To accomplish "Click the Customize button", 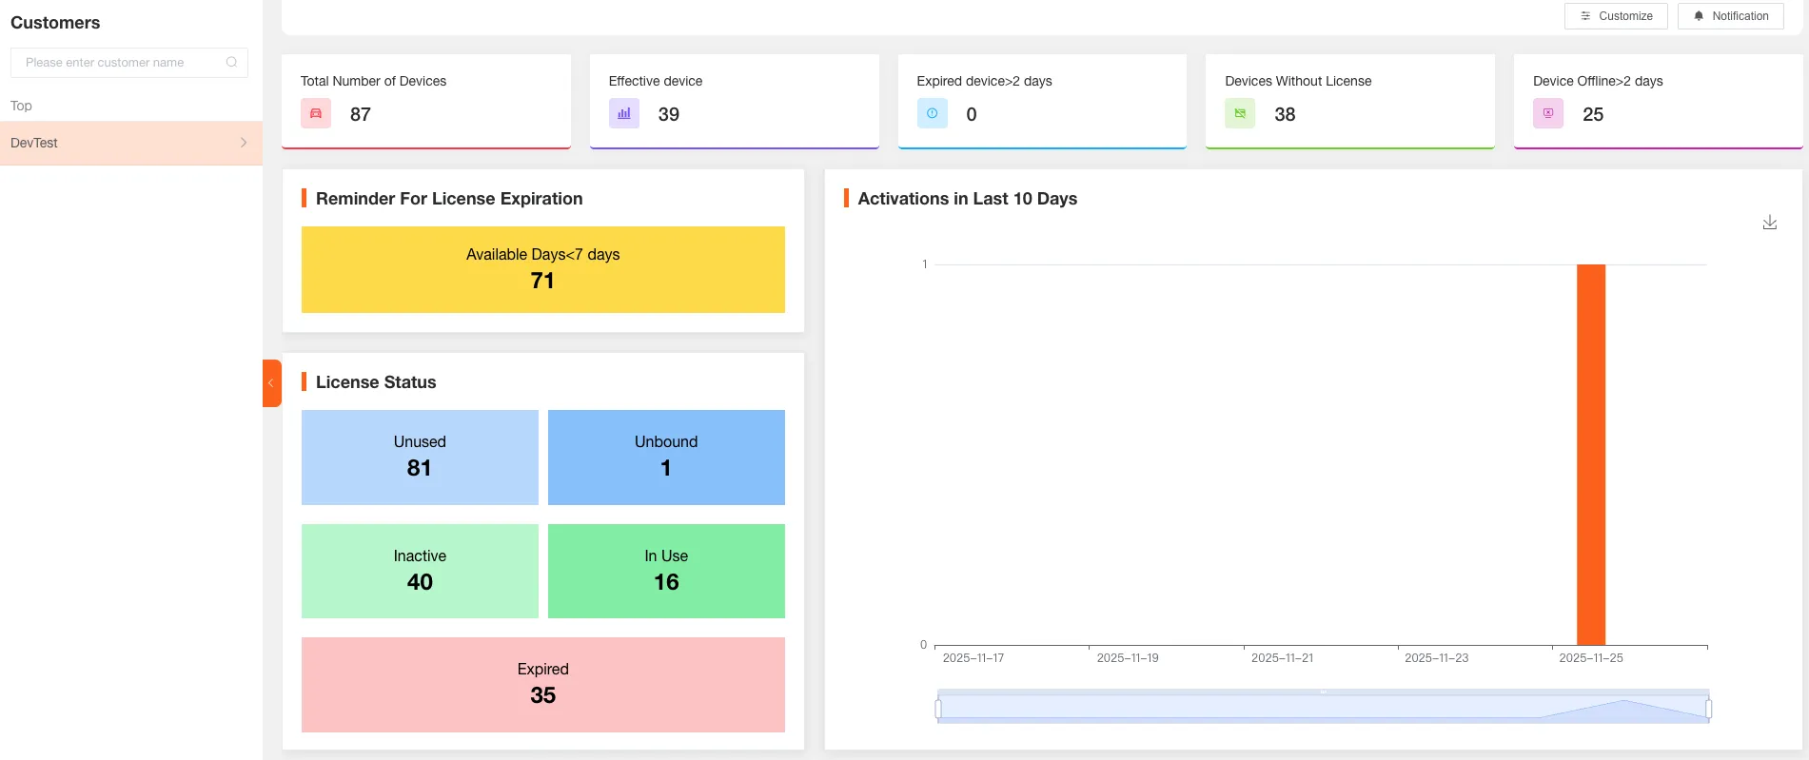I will pos(1615,16).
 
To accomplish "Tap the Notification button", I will pos(1730,16).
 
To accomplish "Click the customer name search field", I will pos(122,63).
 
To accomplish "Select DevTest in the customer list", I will pos(130,143).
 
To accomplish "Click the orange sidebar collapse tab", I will pos(271,383).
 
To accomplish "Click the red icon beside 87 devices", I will pos(316,114).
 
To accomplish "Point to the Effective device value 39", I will pos(669,115).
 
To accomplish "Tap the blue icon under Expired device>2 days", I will pos(932,114).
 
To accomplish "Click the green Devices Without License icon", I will pos(1239,114).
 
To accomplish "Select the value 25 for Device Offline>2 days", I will pos(1592,115).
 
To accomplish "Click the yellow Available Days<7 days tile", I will pos(542,269).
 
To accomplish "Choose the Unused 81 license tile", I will pos(420,457).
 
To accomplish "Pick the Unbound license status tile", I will pos(666,457).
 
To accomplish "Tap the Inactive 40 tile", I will pos(420,571).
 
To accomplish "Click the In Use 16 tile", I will pos(666,571).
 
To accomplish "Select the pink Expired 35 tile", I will pos(542,684).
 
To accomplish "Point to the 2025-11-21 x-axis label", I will pos(1281,658).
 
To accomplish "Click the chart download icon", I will pos(1769,223).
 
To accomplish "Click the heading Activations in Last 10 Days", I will pos(967,199).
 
